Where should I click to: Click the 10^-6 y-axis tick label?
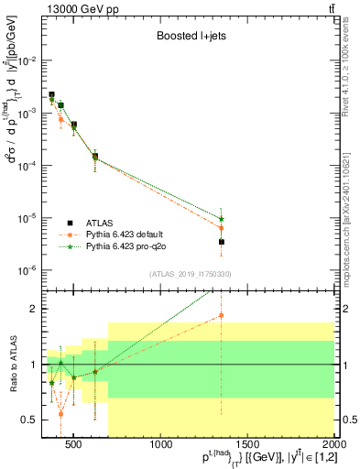coord(27,271)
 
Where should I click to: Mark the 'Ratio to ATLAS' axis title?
coord(11,364)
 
